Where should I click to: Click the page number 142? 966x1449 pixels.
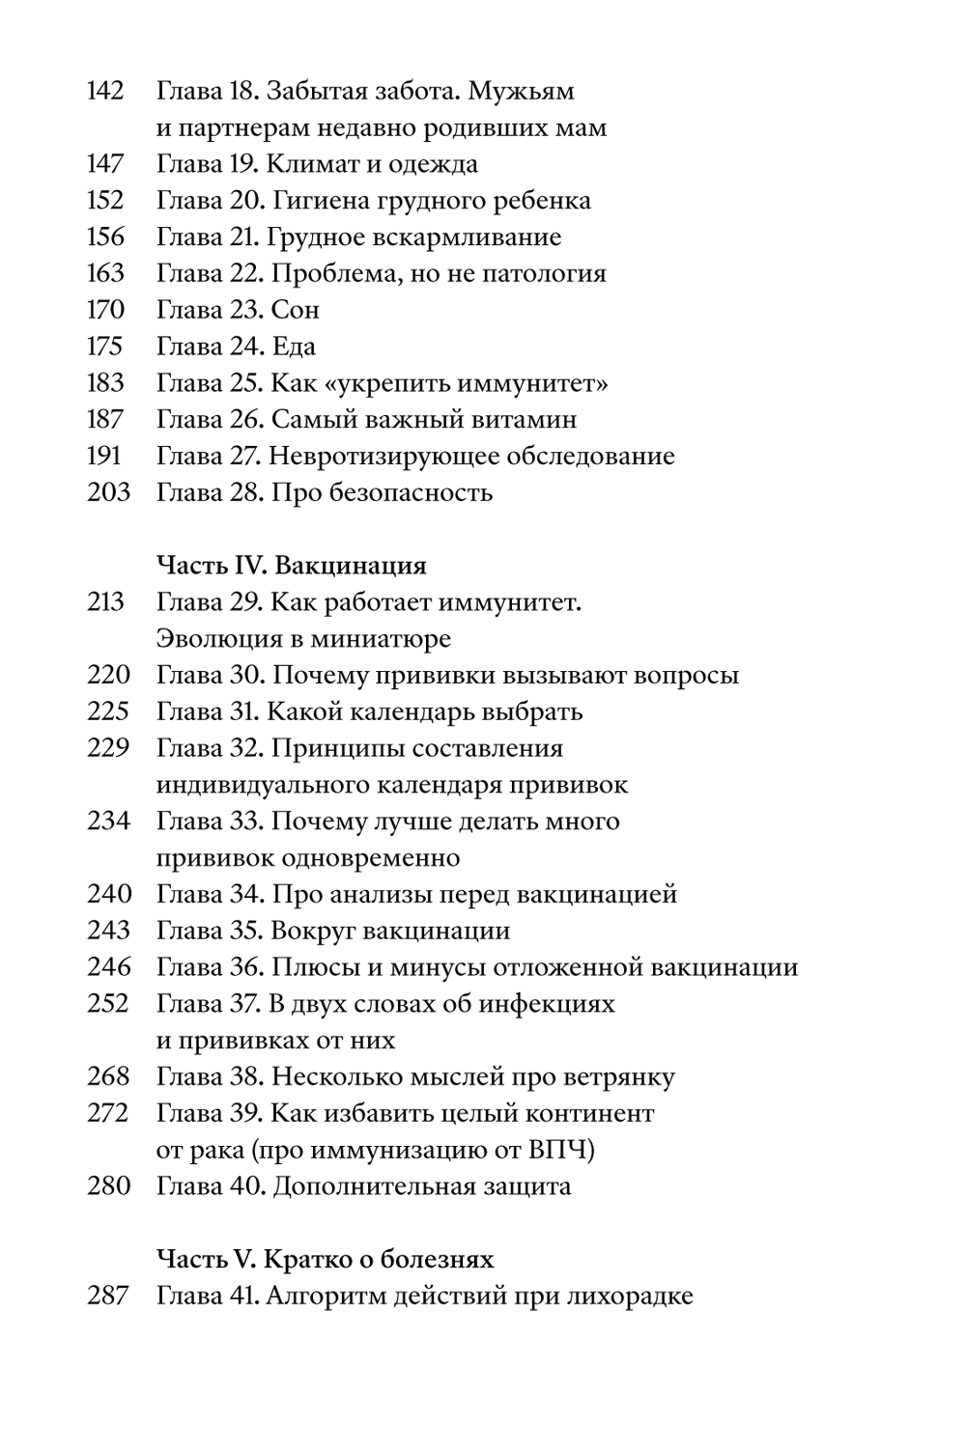click(x=105, y=92)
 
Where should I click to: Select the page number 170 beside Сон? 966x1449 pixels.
click(x=105, y=310)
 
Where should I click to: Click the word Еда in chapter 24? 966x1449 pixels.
click(x=294, y=347)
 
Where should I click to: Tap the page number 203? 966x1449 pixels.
click(x=107, y=493)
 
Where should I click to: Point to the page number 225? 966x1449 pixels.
click(x=107, y=712)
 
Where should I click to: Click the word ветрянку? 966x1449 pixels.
click(x=613, y=1077)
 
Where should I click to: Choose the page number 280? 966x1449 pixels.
click(x=107, y=1186)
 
